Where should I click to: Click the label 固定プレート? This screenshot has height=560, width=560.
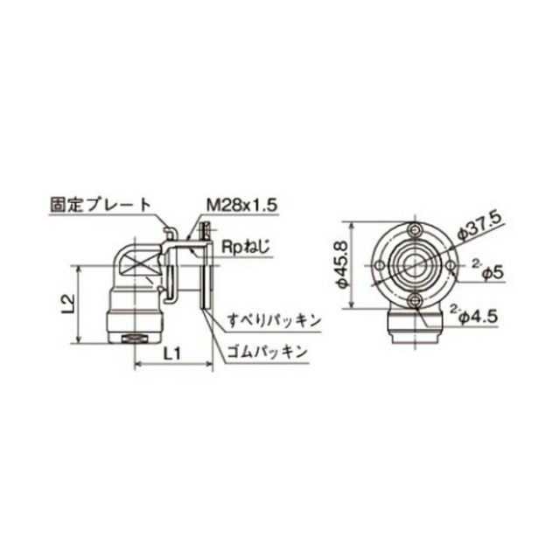(101, 205)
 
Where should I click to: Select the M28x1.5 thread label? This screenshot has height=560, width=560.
(241, 206)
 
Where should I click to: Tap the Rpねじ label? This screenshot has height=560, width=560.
(246, 247)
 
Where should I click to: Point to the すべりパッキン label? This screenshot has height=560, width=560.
(274, 321)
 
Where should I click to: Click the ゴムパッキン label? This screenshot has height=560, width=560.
(267, 352)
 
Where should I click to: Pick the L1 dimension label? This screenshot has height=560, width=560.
(172, 353)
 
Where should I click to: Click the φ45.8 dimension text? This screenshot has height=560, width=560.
(342, 264)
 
